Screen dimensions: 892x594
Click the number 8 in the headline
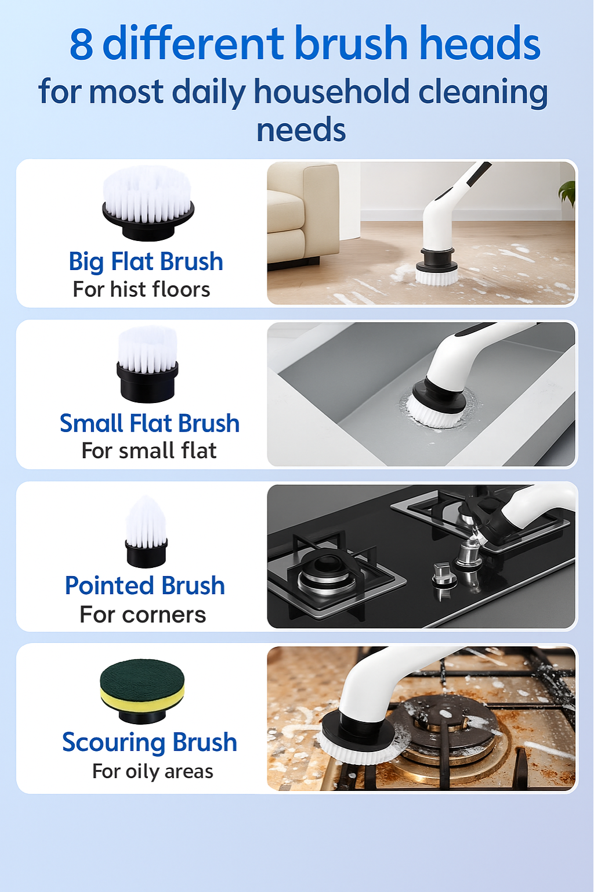click(x=81, y=45)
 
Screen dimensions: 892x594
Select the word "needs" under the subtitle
click(x=301, y=130)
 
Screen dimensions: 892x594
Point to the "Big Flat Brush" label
click(x=146, y=262)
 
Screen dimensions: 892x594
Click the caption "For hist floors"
click(x=142, y=289)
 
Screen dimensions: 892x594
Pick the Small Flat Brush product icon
click(x=147, y=365)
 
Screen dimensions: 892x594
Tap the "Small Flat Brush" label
click(x=150, y=423)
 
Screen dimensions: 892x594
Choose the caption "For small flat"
click(x=149, y=451)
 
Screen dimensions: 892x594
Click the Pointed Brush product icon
click(x=146, y=532)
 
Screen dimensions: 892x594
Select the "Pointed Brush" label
click(x=145, y=585)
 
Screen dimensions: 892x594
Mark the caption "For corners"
click(x=143, y=614)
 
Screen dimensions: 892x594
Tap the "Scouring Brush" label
click(x=150, y=742)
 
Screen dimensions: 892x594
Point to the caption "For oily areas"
click(x=153, y=771)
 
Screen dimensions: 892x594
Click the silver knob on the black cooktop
click(x=443, y=572)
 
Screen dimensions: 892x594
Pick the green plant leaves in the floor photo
click(x=568, y=192)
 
